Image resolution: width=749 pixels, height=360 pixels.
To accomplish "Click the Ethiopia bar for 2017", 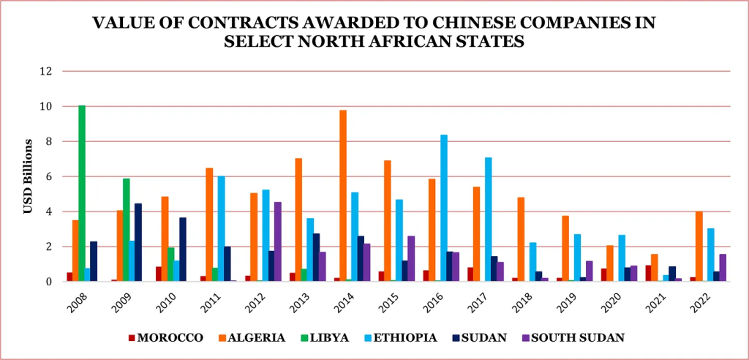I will [489, 219].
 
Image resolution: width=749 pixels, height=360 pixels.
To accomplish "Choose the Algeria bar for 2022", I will [700, 246].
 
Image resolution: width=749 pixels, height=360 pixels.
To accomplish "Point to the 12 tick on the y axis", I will [48, 72].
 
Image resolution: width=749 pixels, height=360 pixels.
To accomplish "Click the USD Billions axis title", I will [28, 176].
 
